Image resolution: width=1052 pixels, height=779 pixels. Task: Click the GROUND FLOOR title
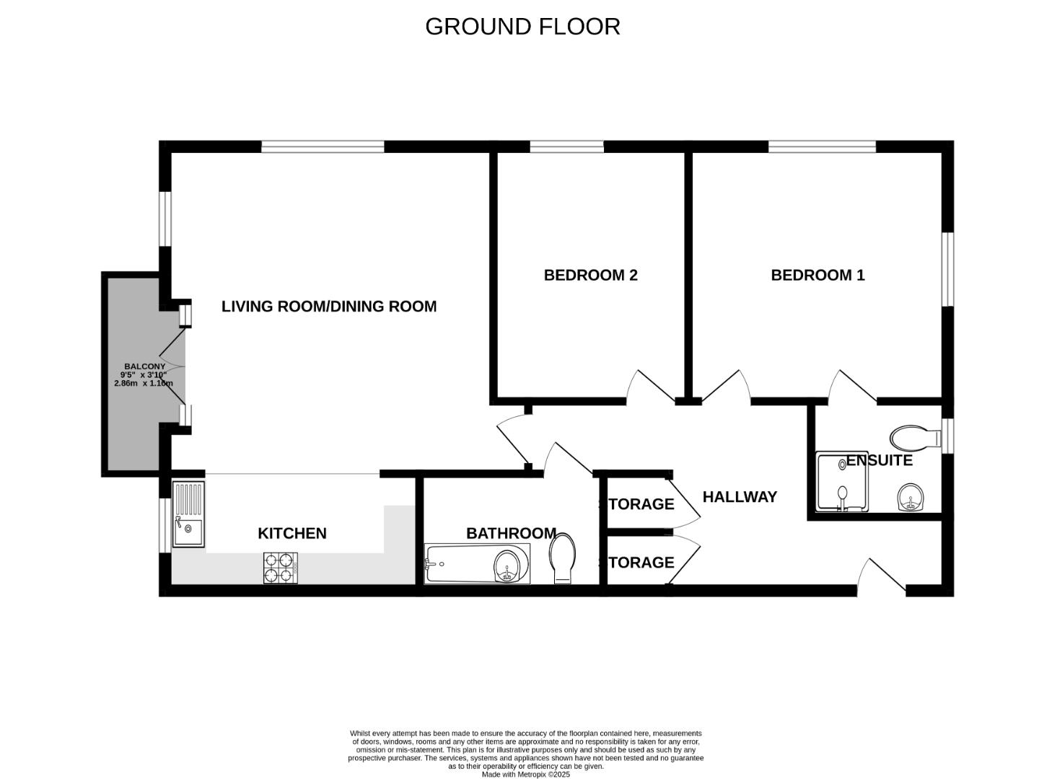[x=522, y=27]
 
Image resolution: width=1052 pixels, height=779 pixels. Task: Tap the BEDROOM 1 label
[x=818, y=275]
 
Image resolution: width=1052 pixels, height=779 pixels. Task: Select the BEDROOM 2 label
[x=590, y=275]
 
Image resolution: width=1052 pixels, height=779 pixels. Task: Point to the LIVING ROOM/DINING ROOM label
[x=329, y=307]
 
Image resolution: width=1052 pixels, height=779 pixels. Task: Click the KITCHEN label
[x=292, y=534]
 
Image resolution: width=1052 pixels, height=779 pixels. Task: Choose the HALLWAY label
[x=740, y=496]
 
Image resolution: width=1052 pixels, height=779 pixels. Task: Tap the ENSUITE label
[x=879, y=460]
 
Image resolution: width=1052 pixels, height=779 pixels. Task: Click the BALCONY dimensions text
[x=144, y=379]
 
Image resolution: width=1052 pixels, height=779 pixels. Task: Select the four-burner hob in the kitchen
[x=280, y=568]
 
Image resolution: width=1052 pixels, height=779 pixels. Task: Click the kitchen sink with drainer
[x=188, y=514]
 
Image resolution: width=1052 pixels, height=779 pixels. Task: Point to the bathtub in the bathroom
[x=477, y=564]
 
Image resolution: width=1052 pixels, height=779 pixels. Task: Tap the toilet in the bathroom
[x=563, y=558]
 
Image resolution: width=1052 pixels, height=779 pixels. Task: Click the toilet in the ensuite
[x=916, y=438]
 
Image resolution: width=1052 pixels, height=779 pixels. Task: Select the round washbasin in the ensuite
[x=911, y=498]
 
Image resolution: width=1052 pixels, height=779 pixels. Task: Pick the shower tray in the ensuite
[x=842, y=482]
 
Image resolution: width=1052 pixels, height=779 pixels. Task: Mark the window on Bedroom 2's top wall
[x=567, y=146]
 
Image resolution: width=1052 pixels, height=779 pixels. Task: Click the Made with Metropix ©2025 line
[x=525, y=775]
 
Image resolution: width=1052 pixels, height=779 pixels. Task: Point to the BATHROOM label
[x=512, y=534]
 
